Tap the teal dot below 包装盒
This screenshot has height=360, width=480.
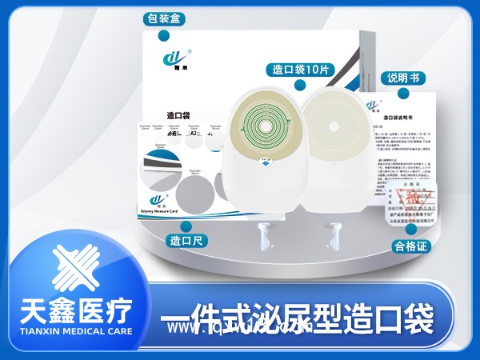pos(164,36)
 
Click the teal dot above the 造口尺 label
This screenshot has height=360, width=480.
pos(186,226)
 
